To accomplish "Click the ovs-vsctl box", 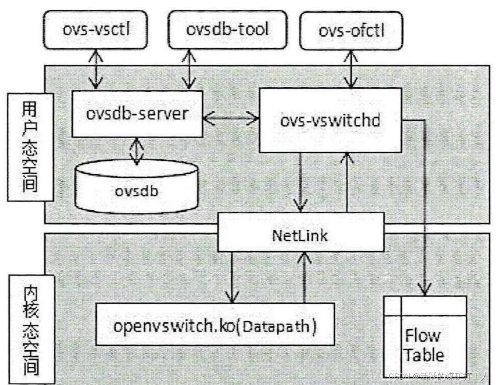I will coord(96,30).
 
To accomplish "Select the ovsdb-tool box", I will coord(227,30).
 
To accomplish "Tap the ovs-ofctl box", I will coord(351,31).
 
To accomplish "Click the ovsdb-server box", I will coord(137,114).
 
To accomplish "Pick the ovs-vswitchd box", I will coord(330,120).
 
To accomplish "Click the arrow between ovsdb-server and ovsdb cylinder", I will coord(137,151).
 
